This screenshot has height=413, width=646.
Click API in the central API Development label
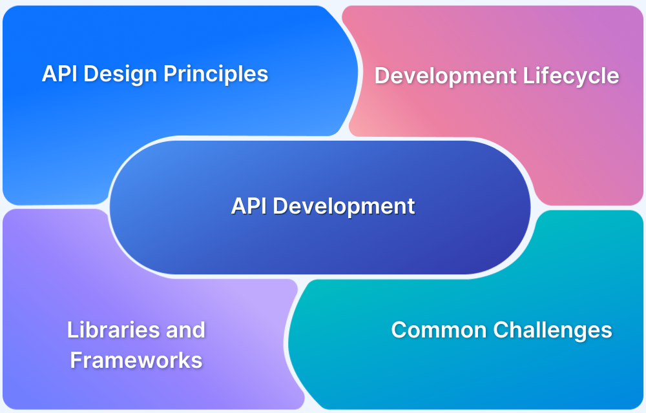pyautogui.click(x=249, y=206)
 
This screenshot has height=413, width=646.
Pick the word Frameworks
pyautogui.click(x=136, y=360)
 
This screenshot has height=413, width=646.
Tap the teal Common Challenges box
pyautogui.click(x=466, y=370)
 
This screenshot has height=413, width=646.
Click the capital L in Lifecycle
pyautogui.click(x=528, y=76)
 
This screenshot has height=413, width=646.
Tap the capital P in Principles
pyautogui.click(x=170, y=74)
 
